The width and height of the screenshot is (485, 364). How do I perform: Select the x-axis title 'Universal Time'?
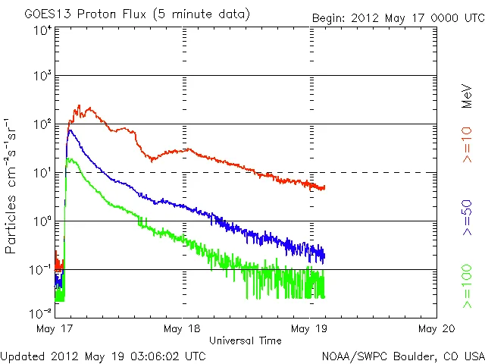245,340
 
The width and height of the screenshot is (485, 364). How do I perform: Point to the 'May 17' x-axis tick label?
55,328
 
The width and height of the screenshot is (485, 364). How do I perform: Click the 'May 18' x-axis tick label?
183,328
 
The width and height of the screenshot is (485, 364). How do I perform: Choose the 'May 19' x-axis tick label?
310,328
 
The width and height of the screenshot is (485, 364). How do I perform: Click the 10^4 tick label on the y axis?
42,30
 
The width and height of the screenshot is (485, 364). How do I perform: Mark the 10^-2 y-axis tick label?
42,313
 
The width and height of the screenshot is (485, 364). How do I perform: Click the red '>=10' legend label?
468,148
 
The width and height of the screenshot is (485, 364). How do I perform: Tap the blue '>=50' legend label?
468,219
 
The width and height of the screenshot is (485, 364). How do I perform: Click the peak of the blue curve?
70,130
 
